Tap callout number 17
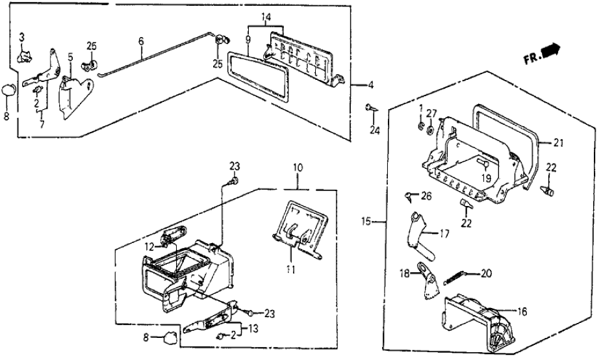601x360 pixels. (x=444, y=232)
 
